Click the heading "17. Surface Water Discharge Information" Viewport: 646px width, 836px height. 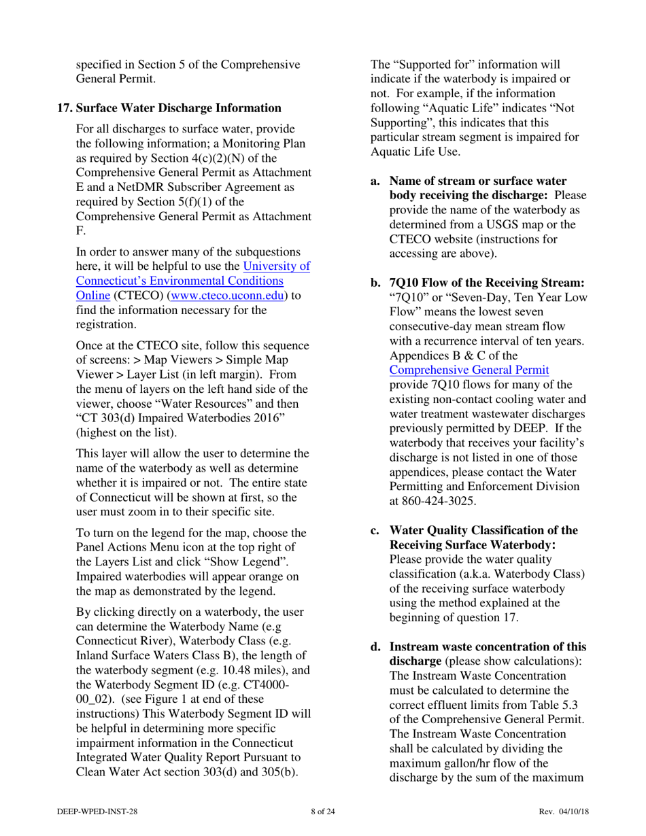[x=169, y=107]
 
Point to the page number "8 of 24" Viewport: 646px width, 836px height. [x=322, y=811]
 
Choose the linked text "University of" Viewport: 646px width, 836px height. [x=276, y=266]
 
